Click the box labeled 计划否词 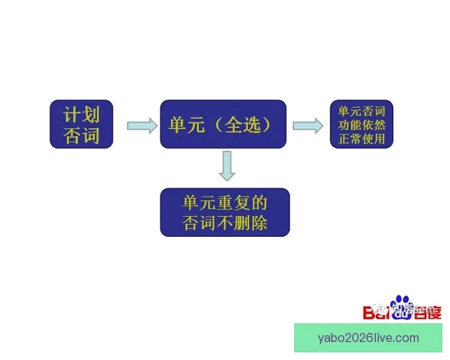81,124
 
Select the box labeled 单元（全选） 223,124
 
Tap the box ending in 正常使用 362,124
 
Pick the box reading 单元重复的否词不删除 224,212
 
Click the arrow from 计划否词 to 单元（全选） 141,124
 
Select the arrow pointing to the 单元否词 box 307,124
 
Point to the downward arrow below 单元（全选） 227,166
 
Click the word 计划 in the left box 81,114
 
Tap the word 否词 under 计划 81,136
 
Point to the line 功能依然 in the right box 362,124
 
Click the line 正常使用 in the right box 362,138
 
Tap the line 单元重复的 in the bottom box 224,202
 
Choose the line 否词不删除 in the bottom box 224,223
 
